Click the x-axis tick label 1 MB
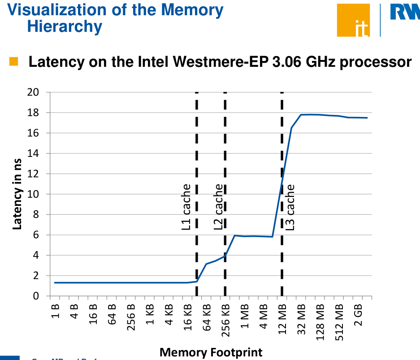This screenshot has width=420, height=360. point(245,319)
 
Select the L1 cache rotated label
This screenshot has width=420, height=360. point(186,207)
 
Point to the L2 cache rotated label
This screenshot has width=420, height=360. point(218,207)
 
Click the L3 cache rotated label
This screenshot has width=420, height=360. point(290,207)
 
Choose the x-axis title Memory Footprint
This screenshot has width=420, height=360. point(211,352)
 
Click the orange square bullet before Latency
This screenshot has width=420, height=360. point(13,61)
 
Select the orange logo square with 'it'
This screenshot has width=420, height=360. point(353,20)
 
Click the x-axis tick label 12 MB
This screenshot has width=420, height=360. point(282,320)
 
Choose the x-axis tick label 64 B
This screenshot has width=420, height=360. point(112,317)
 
